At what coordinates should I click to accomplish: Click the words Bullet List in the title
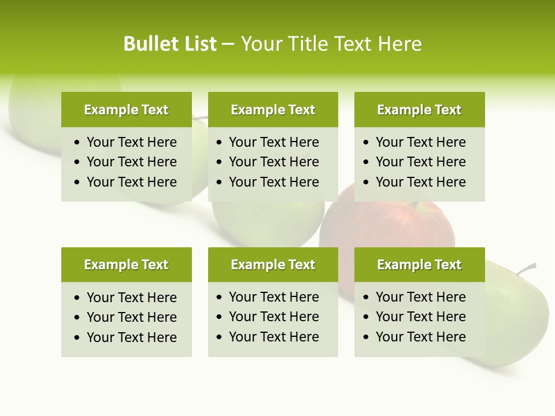[170, 44]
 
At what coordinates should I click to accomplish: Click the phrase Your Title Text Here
[331, 44]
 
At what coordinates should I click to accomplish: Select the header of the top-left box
[126, 110]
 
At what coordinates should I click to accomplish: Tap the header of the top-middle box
[273, 110]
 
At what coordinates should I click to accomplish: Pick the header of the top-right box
[419, 110]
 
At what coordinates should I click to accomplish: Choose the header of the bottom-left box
[126, 265]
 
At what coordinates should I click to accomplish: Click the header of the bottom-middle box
[273, 265]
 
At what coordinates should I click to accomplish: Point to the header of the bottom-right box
[419, 265]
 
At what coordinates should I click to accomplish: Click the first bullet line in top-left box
[131, 142]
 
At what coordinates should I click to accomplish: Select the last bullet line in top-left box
[131, 182]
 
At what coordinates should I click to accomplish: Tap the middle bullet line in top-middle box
[273, 162]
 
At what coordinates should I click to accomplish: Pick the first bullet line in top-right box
[420, 142]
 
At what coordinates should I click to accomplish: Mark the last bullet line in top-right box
[420, 182]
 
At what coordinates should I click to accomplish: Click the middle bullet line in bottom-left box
[131, 317]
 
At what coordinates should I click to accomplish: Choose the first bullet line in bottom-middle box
[273, 297]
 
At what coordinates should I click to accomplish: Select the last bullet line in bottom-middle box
[273, 337]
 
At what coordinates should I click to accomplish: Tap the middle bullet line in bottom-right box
[420, 317]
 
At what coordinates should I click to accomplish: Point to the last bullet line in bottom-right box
[420, 337]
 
